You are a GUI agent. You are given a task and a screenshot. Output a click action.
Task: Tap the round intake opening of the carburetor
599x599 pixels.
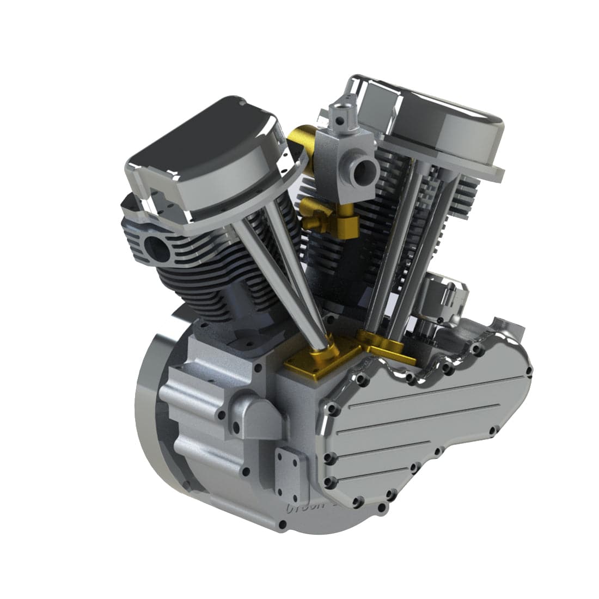tap(362, 172)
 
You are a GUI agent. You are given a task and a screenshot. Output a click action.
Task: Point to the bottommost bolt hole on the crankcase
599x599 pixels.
tap(282, 525)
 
